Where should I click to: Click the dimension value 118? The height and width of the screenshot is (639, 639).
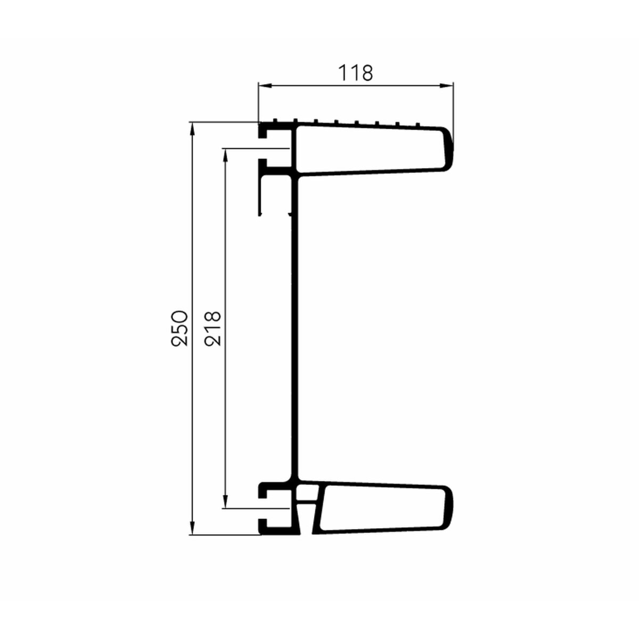[356, 73]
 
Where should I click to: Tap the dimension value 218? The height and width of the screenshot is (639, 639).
[212, 329]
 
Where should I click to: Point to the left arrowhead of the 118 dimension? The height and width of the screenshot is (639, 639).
[266, 86]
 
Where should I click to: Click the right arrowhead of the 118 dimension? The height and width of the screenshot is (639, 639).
[446, 86]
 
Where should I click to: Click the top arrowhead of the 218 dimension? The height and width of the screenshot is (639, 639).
[225, 156]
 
